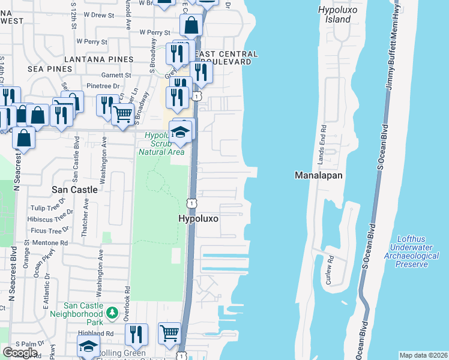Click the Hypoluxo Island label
pos(334,14)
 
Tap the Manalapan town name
pos(319,176)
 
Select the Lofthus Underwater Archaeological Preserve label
pos(414,251)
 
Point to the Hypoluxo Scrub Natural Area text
pos(161,143)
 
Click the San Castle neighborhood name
pos(74,189)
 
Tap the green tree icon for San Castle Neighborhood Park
pos(111,313)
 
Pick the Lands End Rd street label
pos(323,145)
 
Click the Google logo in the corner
pos(20,352)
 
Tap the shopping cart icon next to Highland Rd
pos(170,332)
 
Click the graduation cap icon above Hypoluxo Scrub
pos(180,131)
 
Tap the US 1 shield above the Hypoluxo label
pos(191,203)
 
